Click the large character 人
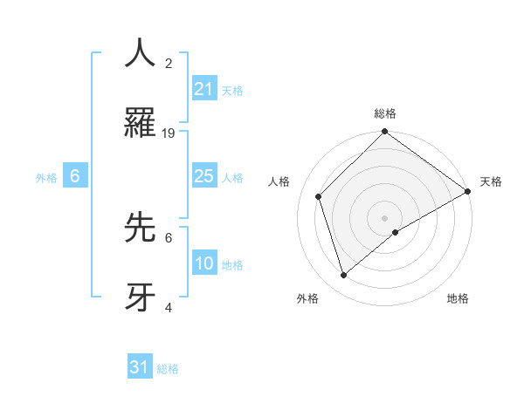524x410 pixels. click(140, 54)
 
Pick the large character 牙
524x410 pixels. click(140, 296)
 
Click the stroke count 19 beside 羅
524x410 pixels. click(169, 133)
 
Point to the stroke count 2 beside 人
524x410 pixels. click(169, 64)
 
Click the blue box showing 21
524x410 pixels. click(204, 89)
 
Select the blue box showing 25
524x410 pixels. click(204, 176)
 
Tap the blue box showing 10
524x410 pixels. click(204, 263)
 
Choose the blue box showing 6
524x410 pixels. click(75, 176)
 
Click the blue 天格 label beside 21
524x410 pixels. click(232, 91)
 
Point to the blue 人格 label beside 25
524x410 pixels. click(232, 178)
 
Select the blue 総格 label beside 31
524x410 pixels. click(168, 369)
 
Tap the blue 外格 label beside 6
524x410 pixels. click(46, 178)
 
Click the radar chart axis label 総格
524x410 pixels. click(385, 113)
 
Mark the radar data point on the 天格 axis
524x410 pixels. click(467, 193)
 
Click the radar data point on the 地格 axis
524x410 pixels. click(396, 232)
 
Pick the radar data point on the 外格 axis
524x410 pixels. click(344, 276)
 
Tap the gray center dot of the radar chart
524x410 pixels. click(385, 217)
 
